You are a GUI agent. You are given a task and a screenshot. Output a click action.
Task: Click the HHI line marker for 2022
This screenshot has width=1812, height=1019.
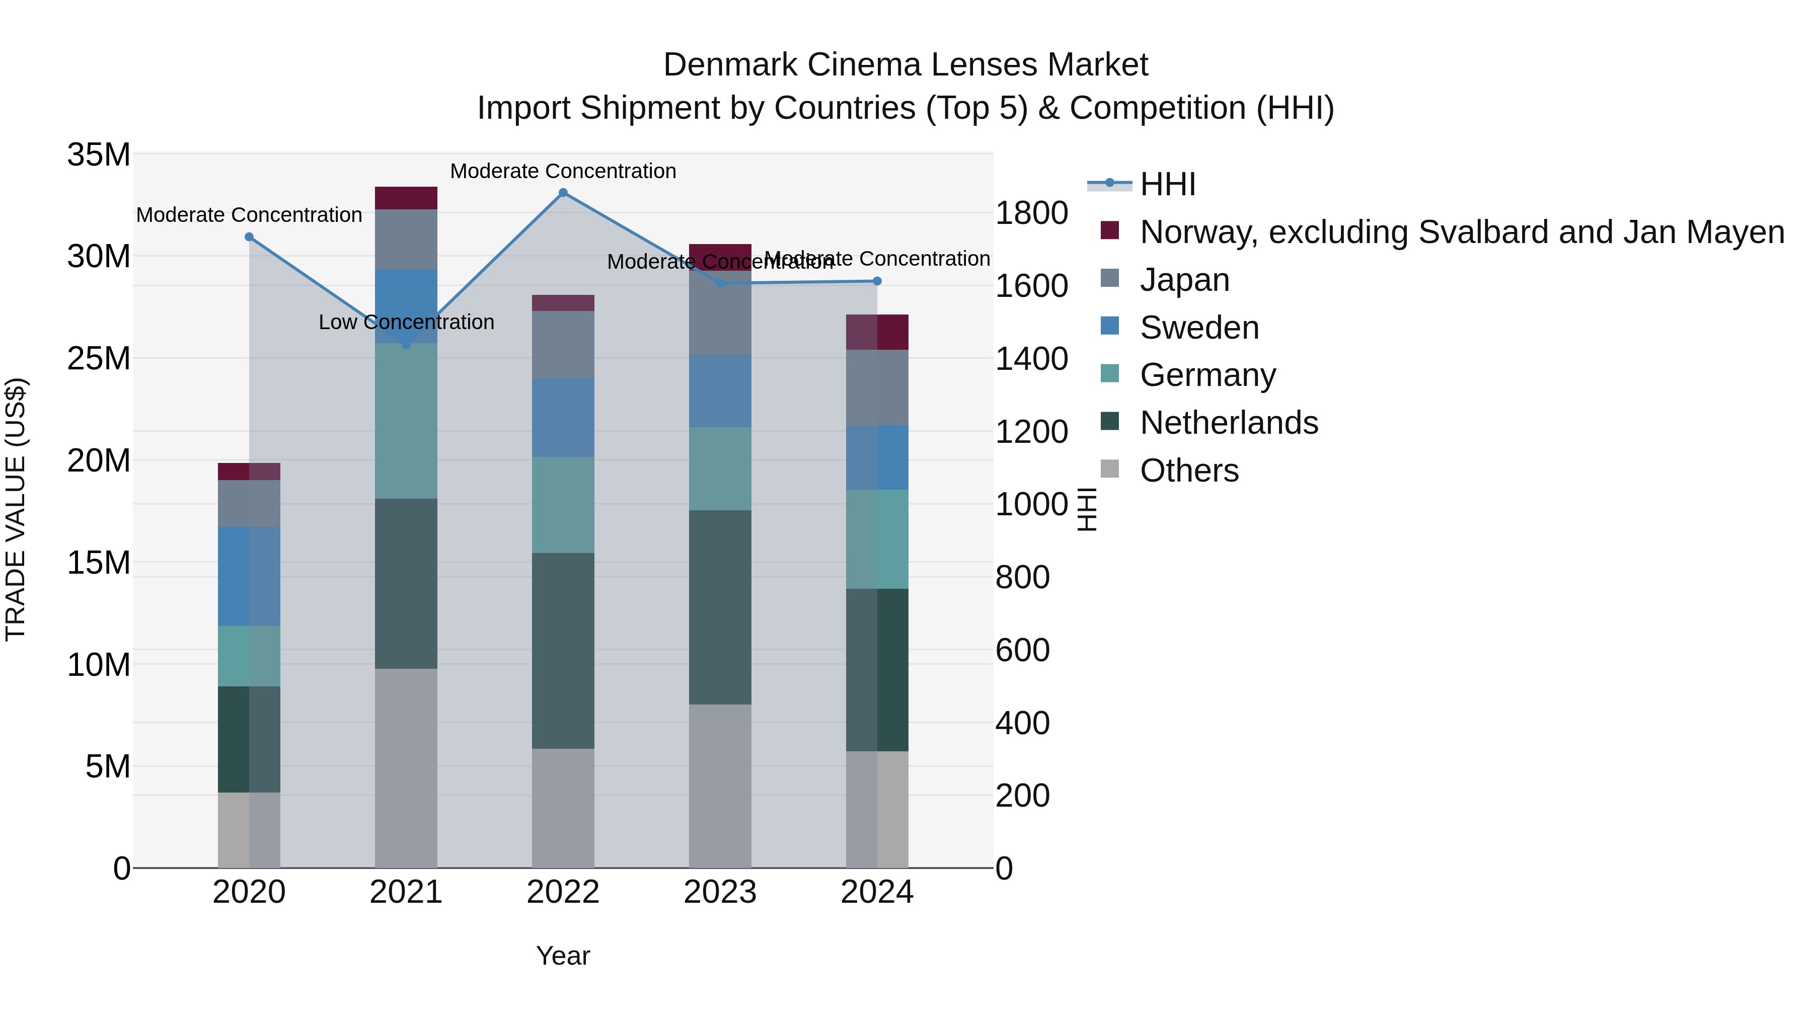click(563, 193)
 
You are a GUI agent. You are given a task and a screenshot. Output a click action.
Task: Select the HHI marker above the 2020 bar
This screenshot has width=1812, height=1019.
click(249, 237)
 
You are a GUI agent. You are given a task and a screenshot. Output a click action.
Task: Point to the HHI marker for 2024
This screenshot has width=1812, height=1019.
click(876, 281)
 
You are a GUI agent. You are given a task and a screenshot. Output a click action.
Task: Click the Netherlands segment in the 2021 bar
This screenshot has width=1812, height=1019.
click(406, 584)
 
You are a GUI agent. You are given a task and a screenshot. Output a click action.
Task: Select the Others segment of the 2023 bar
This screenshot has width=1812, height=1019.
click(720, 786)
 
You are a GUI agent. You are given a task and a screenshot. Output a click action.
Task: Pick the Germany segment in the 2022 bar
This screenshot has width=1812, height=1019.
click(563, 505)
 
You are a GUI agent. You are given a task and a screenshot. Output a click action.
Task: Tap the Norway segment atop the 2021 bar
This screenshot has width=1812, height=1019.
click(406, 198)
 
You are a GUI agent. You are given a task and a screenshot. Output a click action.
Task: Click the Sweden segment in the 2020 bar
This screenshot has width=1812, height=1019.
click(249, 577)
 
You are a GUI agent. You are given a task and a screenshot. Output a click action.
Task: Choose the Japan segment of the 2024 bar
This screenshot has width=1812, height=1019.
click(876, 387)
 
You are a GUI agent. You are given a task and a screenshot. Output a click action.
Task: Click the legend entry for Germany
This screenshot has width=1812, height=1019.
click(1207, 375)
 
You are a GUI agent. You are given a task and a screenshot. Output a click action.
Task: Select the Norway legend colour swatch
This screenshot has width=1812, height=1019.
click(1109, 230)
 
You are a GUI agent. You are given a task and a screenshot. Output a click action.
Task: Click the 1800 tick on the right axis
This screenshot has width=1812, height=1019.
click(1031, 213)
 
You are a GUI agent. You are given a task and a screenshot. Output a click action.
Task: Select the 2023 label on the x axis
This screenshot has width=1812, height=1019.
click(720, 892)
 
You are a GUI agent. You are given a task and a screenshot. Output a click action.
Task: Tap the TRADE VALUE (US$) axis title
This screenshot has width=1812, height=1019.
click(16, 509)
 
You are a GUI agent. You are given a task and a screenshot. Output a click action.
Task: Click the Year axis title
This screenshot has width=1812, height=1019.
click(563, 956)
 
